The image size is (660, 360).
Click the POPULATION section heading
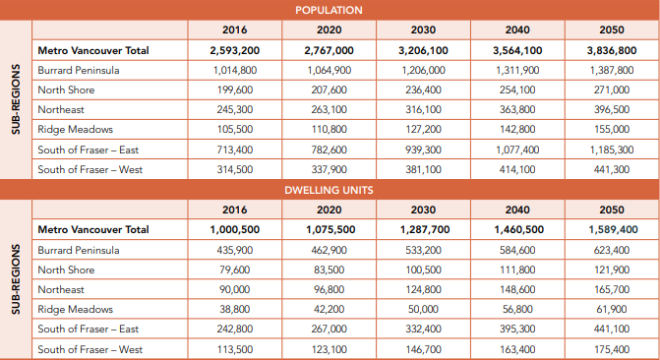(329, 10)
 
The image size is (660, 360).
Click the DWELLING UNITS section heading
(329, 190)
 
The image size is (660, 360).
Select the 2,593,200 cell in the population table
(235, 50)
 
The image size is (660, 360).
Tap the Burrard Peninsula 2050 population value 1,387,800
(612, 70)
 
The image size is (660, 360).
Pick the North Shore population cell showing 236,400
(424, 90)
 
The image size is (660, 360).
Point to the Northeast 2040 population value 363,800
(517, 109)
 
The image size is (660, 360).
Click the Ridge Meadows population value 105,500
(235, 129)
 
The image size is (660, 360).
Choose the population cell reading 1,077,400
(517, 150)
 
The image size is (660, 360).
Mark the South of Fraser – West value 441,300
(612, 169)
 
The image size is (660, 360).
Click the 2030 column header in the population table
(424, 30)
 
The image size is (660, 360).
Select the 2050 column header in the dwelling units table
(612, 210)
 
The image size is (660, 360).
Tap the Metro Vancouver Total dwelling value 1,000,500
(235, 229)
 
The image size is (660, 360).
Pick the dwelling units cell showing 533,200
(424, 250)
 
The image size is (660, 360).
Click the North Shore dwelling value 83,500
(330, 270)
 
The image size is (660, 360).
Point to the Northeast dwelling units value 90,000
(235, 289)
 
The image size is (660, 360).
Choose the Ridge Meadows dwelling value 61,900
(612, 309)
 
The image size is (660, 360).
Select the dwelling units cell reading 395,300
(517, 329)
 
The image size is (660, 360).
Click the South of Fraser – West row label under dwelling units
(90, 349)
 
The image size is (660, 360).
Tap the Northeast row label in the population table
(61, 109)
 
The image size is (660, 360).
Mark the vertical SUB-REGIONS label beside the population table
(16, 99)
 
